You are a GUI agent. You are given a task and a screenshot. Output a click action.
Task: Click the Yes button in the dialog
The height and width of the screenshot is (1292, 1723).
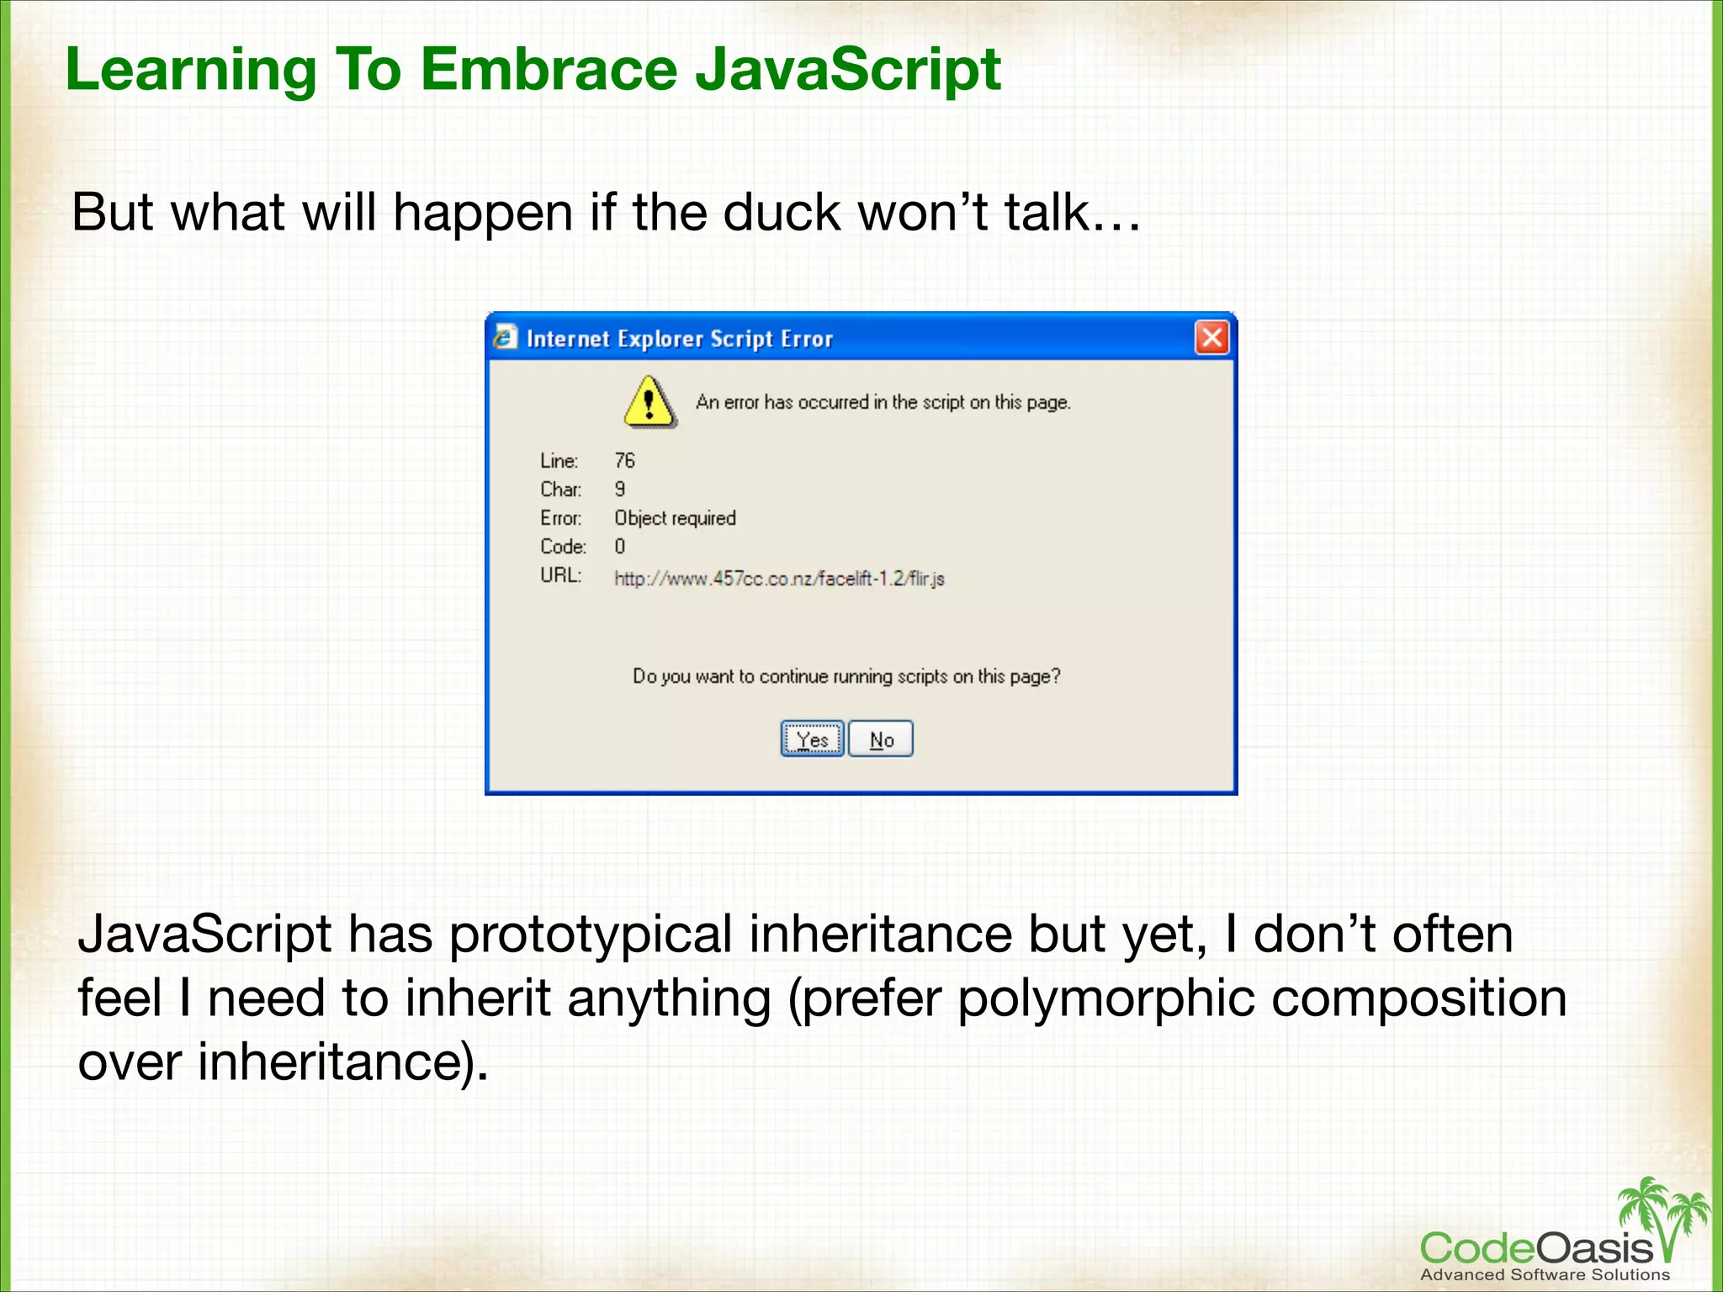point(812,739)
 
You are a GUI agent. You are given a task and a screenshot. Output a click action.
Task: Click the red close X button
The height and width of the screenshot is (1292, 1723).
point(1211,338)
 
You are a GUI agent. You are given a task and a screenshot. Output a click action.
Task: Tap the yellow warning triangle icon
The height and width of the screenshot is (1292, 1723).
point(649,402)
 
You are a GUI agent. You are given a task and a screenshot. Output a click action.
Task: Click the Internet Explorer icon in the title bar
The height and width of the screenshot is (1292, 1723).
point(505,337)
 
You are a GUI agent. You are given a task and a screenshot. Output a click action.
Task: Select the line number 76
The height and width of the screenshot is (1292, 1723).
point(624,461)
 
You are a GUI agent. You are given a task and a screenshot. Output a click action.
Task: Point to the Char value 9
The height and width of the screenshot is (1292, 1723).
point(620,490)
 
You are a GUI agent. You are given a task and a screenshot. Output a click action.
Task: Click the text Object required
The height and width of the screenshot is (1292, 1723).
point(675,518)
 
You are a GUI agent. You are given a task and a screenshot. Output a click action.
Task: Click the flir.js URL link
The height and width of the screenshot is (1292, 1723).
point(779,579)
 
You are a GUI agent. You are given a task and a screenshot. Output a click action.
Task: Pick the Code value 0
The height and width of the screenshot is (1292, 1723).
point(620,547)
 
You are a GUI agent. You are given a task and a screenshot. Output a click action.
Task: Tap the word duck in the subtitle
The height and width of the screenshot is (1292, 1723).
point(781,212)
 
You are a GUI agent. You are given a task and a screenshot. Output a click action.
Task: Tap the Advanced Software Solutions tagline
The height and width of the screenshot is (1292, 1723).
point(1545,1274)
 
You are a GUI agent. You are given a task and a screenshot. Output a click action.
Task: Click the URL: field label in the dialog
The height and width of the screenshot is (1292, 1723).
point(560,575)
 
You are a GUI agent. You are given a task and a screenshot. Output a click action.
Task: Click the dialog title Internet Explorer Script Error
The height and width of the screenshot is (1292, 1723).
point(679,339)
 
